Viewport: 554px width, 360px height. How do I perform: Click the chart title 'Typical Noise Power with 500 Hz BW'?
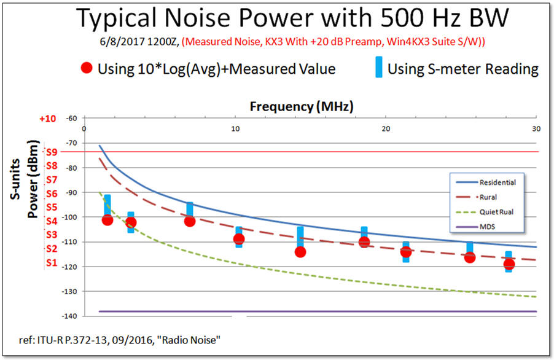click(x=292, y=18)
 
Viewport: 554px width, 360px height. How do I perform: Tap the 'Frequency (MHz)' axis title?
click(x=302, y=106)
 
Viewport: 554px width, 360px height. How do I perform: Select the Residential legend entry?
click(x=486, y=182)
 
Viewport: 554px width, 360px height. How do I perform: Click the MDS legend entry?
click(x=475, y=227)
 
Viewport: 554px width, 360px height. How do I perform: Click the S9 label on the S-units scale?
click(x=52, y=152)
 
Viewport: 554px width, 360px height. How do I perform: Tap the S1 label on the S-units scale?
click(x=52, y=262)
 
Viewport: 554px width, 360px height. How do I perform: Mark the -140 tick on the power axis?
click(x=70, y=316)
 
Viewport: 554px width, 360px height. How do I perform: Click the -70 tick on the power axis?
click(x=71, y=143)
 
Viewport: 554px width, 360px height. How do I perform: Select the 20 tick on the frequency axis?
click(x=386, y=128)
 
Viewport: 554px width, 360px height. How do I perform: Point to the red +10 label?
click(x=48, y=119)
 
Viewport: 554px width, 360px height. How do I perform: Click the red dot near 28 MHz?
click(x=509, y=264)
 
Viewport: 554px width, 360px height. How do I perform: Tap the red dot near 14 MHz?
click(x=300, y=252)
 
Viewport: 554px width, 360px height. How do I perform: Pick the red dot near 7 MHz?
click(x=190, y=221)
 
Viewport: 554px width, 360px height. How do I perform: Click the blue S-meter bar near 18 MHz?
click(x=364, y=237)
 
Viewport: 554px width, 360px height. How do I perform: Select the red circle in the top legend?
click(x=87, y=68)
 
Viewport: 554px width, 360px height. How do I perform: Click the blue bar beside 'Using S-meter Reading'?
click(x=379, y=67)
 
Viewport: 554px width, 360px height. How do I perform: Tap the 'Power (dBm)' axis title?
click(x=33, y=179)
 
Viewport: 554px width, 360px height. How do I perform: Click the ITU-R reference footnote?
click(x=120, y=340)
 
